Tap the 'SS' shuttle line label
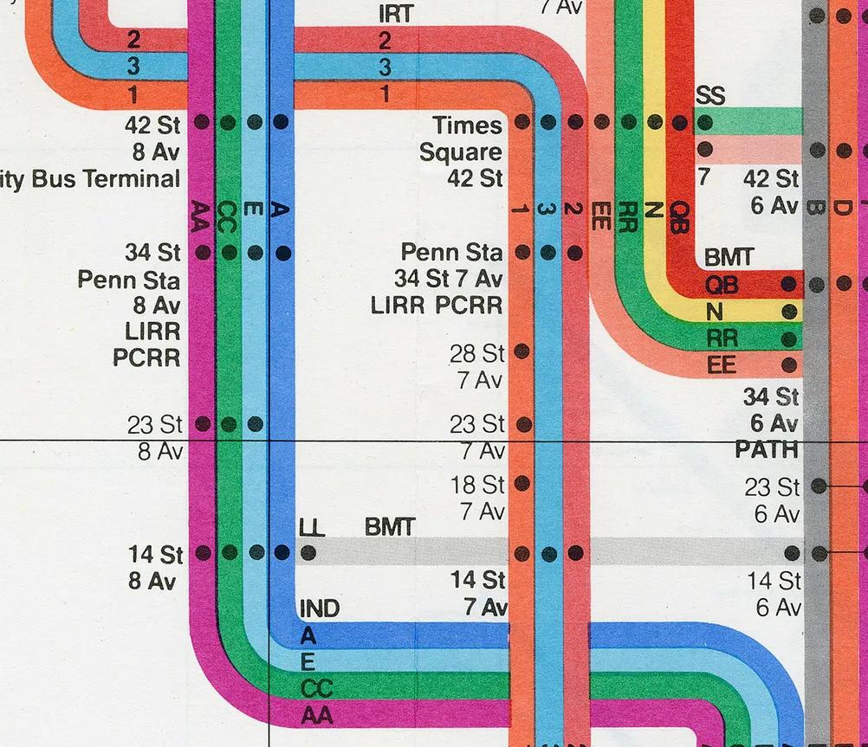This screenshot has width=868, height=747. click(709, 95)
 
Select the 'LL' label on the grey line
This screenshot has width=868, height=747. click(312, 527)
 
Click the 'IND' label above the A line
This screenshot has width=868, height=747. click(319, 609)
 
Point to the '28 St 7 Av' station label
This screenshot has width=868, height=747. click(476, 365)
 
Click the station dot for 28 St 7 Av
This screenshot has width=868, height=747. click(521, 351)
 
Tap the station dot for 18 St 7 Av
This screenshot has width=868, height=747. click(521, 482)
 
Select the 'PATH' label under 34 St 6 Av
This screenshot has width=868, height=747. click(767, 450)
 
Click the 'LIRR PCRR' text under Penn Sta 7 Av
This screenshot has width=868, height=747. click(436, 306)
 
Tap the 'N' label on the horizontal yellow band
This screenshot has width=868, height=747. click(714, 311)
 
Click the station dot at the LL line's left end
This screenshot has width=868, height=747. click(308, 552)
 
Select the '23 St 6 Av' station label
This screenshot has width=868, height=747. click(772, 500)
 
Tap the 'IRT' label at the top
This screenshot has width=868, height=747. click(396, 14)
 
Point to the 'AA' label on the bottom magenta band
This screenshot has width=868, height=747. click(316, 716)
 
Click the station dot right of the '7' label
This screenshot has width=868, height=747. click(705, 149)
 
